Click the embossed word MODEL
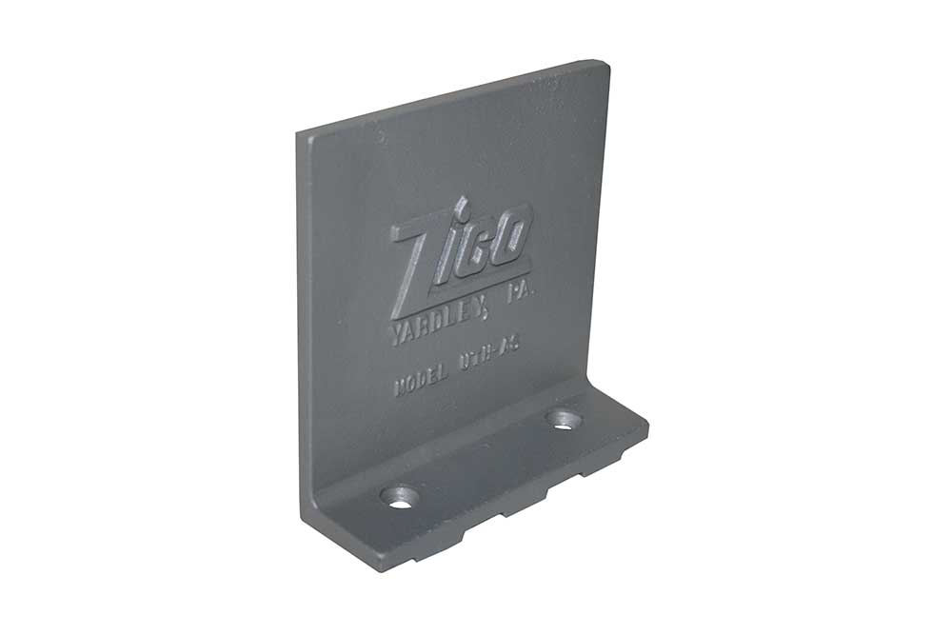[421, 385]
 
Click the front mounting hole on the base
[400, 497]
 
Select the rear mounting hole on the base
[564, 419]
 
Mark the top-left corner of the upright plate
[298, 134]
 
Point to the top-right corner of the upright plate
[606, 63]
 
